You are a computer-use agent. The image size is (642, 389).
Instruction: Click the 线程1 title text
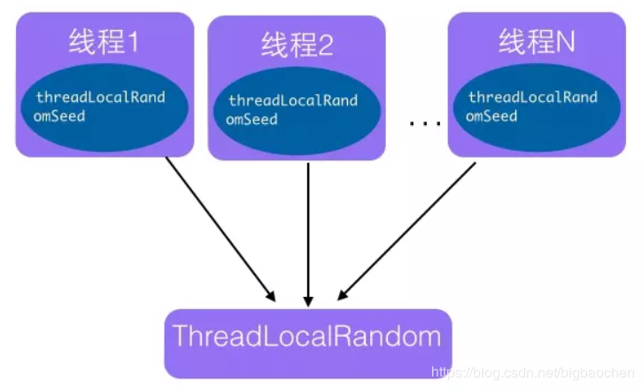coord(104,42)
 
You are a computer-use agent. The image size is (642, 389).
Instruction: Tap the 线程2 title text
coord(296,43)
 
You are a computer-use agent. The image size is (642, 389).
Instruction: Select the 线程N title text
coord(536,41)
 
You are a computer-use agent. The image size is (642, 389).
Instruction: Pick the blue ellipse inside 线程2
coord(296,110)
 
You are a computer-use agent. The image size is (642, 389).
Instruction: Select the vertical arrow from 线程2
coord(307,230)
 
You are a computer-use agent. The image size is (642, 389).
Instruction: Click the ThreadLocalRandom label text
coord(307,337)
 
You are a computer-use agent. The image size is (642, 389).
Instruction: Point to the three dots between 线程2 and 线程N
coord(425,123)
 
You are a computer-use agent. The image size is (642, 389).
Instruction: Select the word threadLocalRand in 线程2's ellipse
coord(293,101)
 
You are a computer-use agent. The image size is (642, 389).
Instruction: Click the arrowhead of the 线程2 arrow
coord(307,296)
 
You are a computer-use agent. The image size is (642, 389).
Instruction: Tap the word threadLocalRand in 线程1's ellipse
coord(101,97)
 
